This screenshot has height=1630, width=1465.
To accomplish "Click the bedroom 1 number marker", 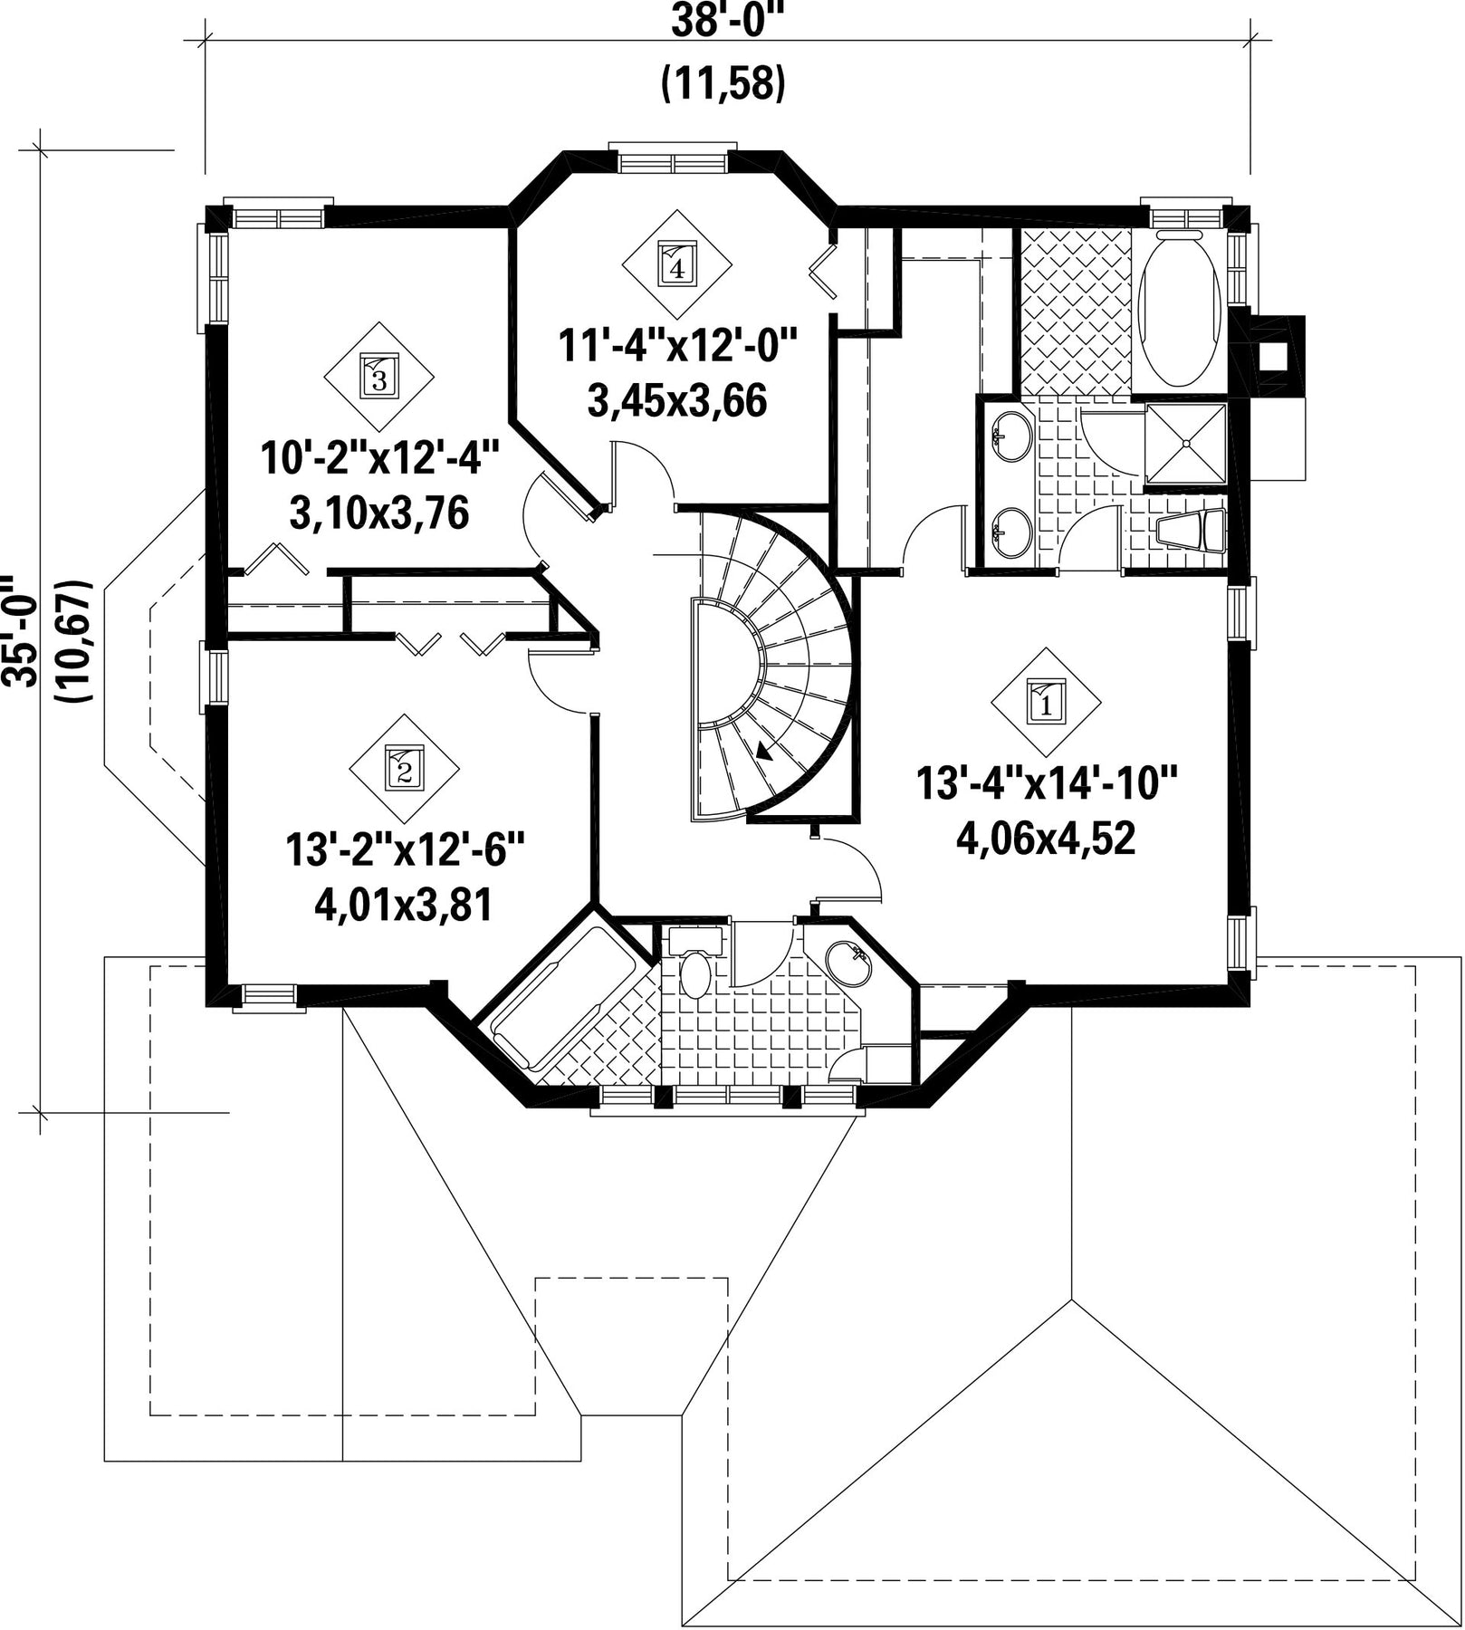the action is (1046, 702).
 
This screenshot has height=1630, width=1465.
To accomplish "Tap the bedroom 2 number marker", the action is (404, 769).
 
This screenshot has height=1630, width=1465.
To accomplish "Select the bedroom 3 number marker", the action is (378, 377).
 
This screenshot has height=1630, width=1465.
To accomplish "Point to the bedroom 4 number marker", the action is (676, 264).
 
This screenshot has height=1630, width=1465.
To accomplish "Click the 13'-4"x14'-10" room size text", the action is (1046, 783).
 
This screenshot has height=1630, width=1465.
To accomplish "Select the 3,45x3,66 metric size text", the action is (677, 401).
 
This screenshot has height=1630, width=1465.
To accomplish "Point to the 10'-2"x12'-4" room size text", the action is (380, 458).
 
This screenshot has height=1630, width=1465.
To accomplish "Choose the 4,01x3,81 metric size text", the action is (404, 905).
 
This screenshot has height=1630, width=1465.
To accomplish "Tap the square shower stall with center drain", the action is (1185, 444).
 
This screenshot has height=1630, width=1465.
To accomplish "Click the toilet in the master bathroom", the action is (1191, 530).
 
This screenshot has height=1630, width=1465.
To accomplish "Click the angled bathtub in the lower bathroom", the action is (561, 998).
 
